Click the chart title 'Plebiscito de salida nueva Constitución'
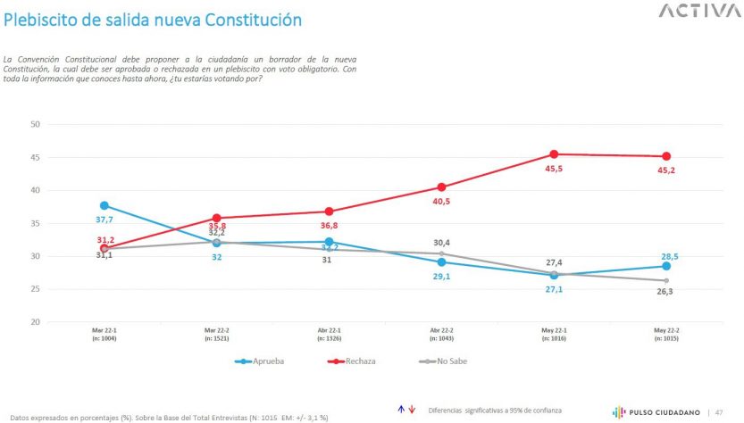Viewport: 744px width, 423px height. click(153, 19)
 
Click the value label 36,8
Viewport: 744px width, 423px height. click(330, 226)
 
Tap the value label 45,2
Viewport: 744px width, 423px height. click(666, 170)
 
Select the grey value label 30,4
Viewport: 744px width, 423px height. click(441, 243)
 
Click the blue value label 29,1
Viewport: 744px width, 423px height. click(441, 277)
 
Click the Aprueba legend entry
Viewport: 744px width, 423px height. click(264, 361)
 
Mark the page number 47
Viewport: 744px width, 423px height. click(719, 411)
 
